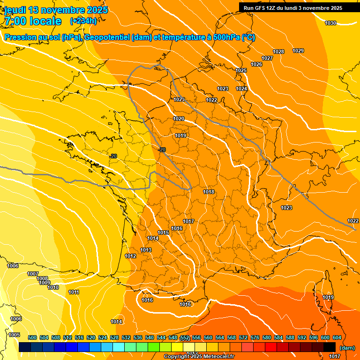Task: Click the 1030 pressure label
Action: tap(330, 23)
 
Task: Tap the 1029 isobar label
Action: tap(298, 51)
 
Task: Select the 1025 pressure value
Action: tap(241, 70)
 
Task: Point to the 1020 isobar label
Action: tap(179, 119)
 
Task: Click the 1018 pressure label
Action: tap(209, 192)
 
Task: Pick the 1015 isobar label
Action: tap(163, 232)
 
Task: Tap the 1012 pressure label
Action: tap(130, 256)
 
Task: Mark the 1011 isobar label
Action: tap(74, 292)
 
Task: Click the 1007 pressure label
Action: tap(33, 274)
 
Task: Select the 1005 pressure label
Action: tap(14, 335)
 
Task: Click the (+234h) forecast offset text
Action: tap(83, 21)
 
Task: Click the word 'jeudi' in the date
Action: tap(16, 9)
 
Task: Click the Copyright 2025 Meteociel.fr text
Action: tap(199, 357)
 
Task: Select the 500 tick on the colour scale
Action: tap(32, 337)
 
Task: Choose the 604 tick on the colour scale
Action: tap(337, 337)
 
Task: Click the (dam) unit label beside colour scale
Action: tap(347, 348)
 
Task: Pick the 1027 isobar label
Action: tap(267, 58)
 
